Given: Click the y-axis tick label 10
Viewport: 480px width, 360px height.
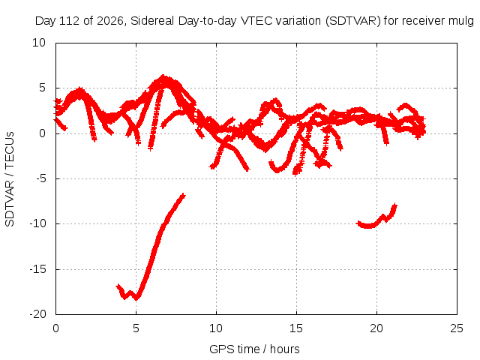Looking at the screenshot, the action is click(x=39, y=43).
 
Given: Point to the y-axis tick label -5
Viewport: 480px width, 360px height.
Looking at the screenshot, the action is click(x=40, y=178).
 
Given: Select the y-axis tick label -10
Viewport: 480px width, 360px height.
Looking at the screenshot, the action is click(x=38, y=223).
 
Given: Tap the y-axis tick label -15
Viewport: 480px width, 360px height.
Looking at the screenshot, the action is click(x=38, y=269).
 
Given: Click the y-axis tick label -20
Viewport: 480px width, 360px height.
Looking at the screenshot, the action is click(x=38, y=314).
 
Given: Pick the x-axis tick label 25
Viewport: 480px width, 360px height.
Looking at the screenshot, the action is click(x=457, y=328).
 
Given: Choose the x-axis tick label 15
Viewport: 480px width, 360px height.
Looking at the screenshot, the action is click(x=296, y=328).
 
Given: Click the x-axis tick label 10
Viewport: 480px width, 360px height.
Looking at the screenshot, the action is click(x=216, y=328).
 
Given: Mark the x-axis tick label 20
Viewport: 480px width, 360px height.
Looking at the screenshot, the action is click(x=376, y=328).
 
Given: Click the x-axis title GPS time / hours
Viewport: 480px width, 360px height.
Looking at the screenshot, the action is click(x=254, y=349).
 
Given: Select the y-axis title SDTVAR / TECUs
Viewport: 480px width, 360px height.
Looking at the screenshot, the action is click(x=10, y=179).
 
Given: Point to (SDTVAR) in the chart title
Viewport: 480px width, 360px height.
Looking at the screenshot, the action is click(x=353, y=21).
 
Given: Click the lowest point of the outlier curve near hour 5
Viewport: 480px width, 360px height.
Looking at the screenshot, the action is click(x=136, y=298).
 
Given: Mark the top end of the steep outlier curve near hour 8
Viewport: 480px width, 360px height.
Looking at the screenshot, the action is click(x=183, y=195).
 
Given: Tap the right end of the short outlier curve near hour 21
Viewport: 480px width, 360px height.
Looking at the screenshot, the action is click(x=395, y=205).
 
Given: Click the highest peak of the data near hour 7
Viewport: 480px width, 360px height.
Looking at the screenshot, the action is click(x=163, y=76).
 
